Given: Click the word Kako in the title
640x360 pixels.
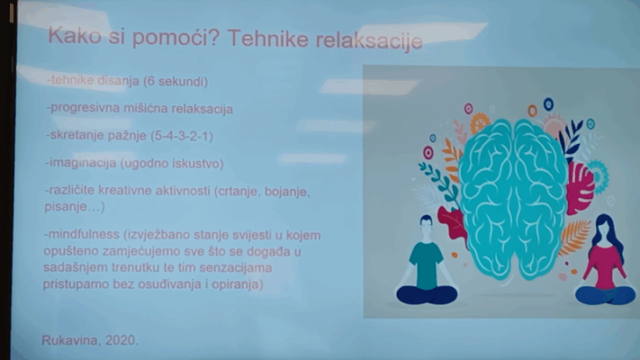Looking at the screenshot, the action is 75,35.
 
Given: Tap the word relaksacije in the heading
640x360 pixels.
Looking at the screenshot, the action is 369,40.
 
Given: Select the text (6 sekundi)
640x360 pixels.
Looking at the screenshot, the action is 176,81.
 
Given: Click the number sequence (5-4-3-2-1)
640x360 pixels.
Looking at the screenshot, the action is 182,136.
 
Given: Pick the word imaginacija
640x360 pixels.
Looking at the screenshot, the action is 81,163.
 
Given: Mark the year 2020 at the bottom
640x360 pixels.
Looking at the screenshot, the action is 121,340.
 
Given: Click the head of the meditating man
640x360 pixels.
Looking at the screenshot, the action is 426,224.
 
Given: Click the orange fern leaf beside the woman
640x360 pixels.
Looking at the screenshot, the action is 575,238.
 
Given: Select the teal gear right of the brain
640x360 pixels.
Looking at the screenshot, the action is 598,175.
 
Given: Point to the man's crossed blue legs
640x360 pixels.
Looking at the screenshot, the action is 427,294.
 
